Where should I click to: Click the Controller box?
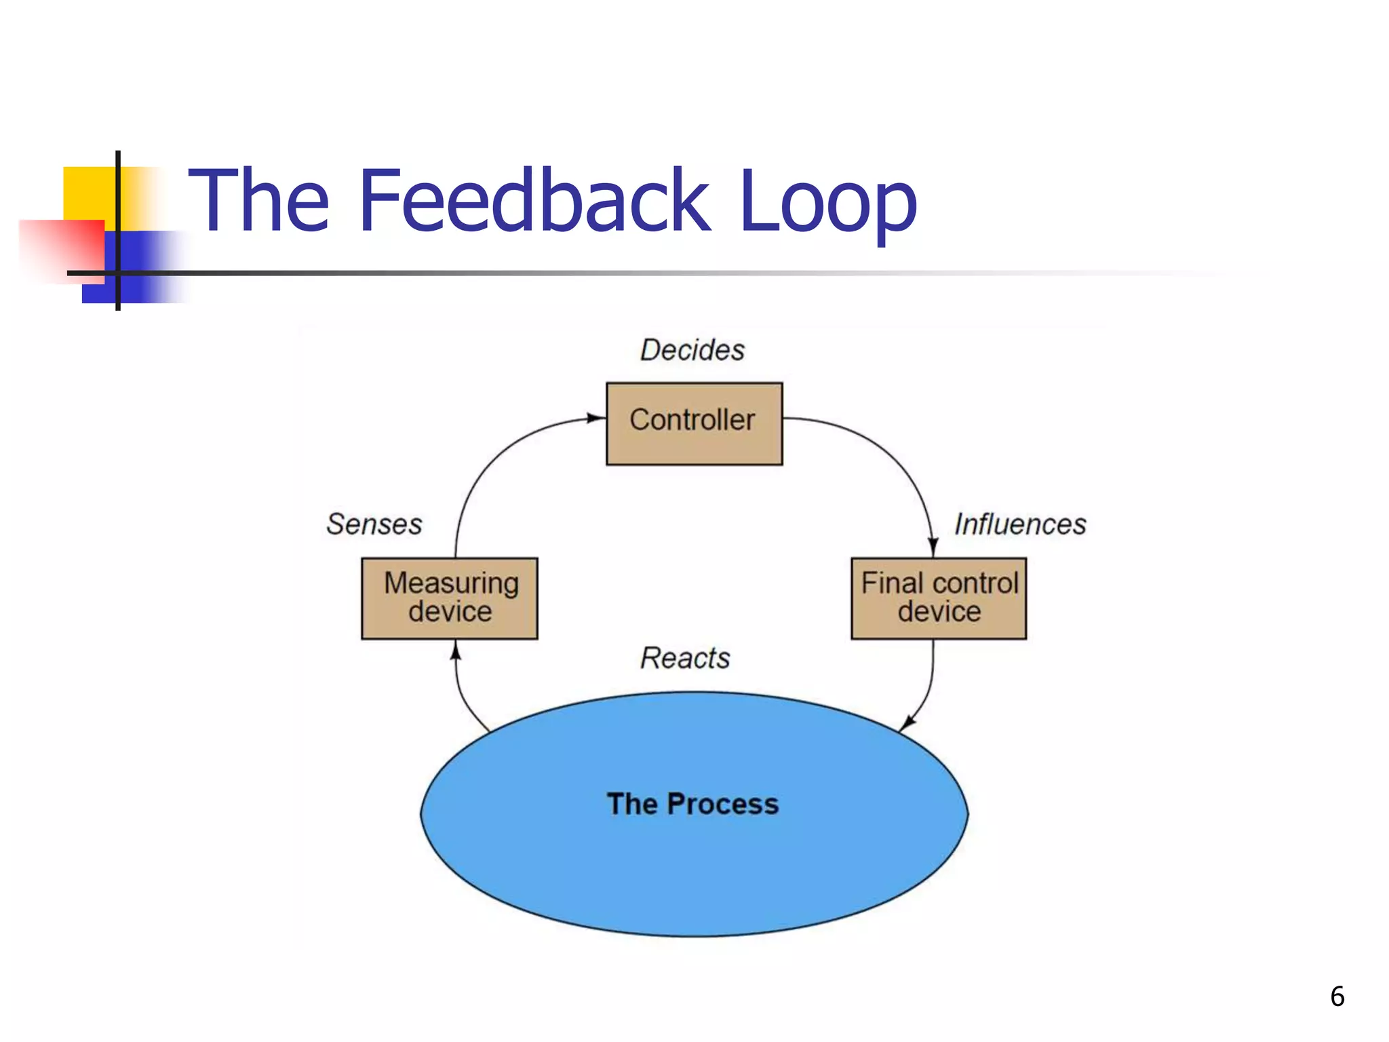pyautogui.click(x=694, y=423)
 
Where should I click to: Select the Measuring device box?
pyautogui.click(x=449, y=598)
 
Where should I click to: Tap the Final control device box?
pyautogui.click(x=939, y=598)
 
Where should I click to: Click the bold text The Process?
pyautogui.click(x=692, y=804)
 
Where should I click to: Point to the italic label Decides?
pyautogui.click(x=692, y=350)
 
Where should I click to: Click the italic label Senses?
pyautogui.click(x=374, y=524)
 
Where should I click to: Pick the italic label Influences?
pyautogui.click(x=1020, y=524)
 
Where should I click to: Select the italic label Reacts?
pyautogui.click(x=685, y=658)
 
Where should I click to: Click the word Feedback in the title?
pyautogui.click(x=534, y=201)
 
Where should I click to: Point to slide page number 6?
pyautogui.click(x=1337, y=997)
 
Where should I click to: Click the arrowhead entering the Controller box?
pyautogui.click(x=596, y=418)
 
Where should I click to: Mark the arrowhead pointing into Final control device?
pyautogui.click(x=933, y=547)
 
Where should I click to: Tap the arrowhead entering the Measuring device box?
pyautogui.click(x=456, y=651)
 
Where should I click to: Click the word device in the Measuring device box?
pyautogui.click(x=450, y=612)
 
